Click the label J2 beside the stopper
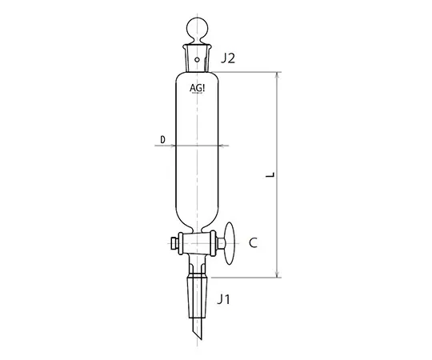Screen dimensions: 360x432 click(229, 58)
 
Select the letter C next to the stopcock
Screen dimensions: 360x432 click(253, 242)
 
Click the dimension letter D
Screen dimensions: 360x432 click(162, 140)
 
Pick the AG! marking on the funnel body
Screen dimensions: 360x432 click(197, 89)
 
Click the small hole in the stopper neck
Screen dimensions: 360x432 click(197, 58)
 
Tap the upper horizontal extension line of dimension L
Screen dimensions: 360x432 click(248, 72)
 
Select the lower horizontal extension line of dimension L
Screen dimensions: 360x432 click(248, 278)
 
